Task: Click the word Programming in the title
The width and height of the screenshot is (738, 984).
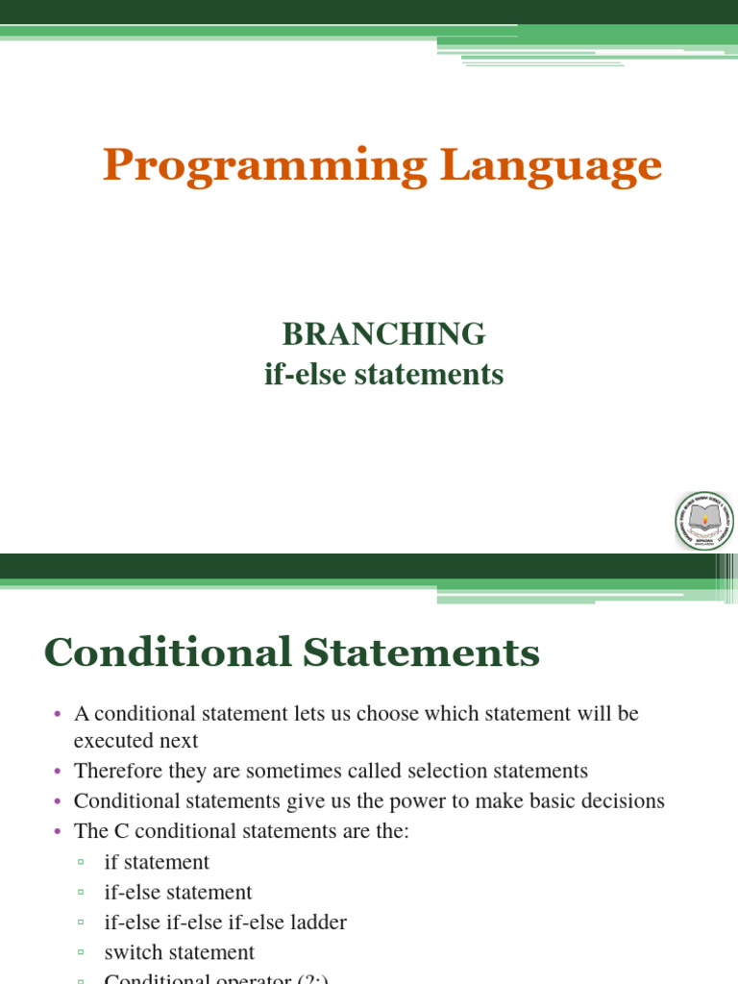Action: (264, 167)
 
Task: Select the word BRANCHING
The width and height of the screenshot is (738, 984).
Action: (383, 334)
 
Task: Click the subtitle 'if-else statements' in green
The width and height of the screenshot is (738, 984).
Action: (383, 374)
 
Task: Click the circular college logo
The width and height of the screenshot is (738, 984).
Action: (704, 521)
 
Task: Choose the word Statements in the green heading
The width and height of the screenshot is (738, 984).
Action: (422, 653)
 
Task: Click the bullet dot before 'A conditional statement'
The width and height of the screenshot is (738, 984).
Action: (57, 715)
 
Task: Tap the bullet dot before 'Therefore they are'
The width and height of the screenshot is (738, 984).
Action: (57, 772)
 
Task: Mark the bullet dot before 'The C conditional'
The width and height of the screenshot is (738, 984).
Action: (57, 831)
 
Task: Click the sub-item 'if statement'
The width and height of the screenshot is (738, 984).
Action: (157, 862)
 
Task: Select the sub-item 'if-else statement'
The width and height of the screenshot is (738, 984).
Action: (178, 893)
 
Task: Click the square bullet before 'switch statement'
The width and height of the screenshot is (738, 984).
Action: (81, 953)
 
